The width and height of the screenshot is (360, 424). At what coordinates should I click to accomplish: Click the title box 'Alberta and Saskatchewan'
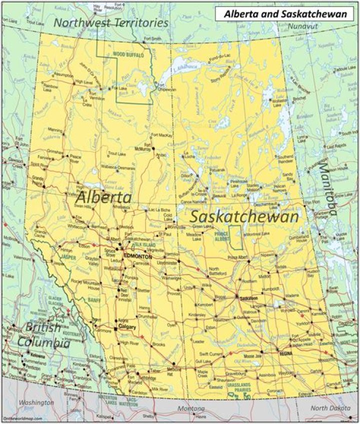click(x=285, y=14)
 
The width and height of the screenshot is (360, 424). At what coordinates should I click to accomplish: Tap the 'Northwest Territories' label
click(x=111, y=23)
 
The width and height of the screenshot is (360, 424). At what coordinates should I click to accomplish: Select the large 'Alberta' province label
click(x=103, y=197)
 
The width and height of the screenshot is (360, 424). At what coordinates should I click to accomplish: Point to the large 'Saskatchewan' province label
click(x=244, y=216)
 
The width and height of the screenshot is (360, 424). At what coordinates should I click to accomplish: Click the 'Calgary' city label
click(x=127, y=327)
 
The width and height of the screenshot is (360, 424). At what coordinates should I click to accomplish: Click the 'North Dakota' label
click(x=326, y=408)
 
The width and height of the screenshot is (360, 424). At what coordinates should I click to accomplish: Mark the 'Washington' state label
click(x=36, y=402)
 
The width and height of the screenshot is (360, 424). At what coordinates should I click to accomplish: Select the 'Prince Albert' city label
click(x=237, y=257)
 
